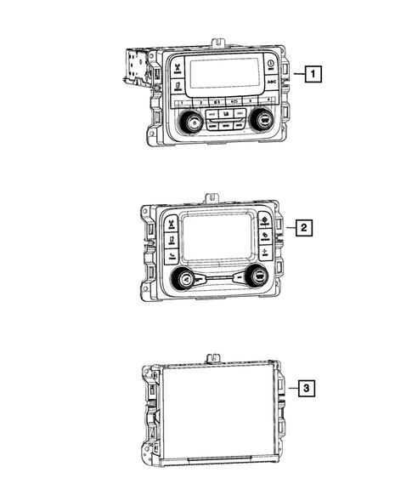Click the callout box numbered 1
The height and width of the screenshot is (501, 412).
click(x=314, y=74)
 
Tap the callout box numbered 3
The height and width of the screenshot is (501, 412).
click(x=307, y=389)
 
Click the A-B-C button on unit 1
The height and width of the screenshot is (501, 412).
click(x=272, y=83)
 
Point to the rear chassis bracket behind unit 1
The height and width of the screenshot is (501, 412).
click(x=134, y=68)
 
